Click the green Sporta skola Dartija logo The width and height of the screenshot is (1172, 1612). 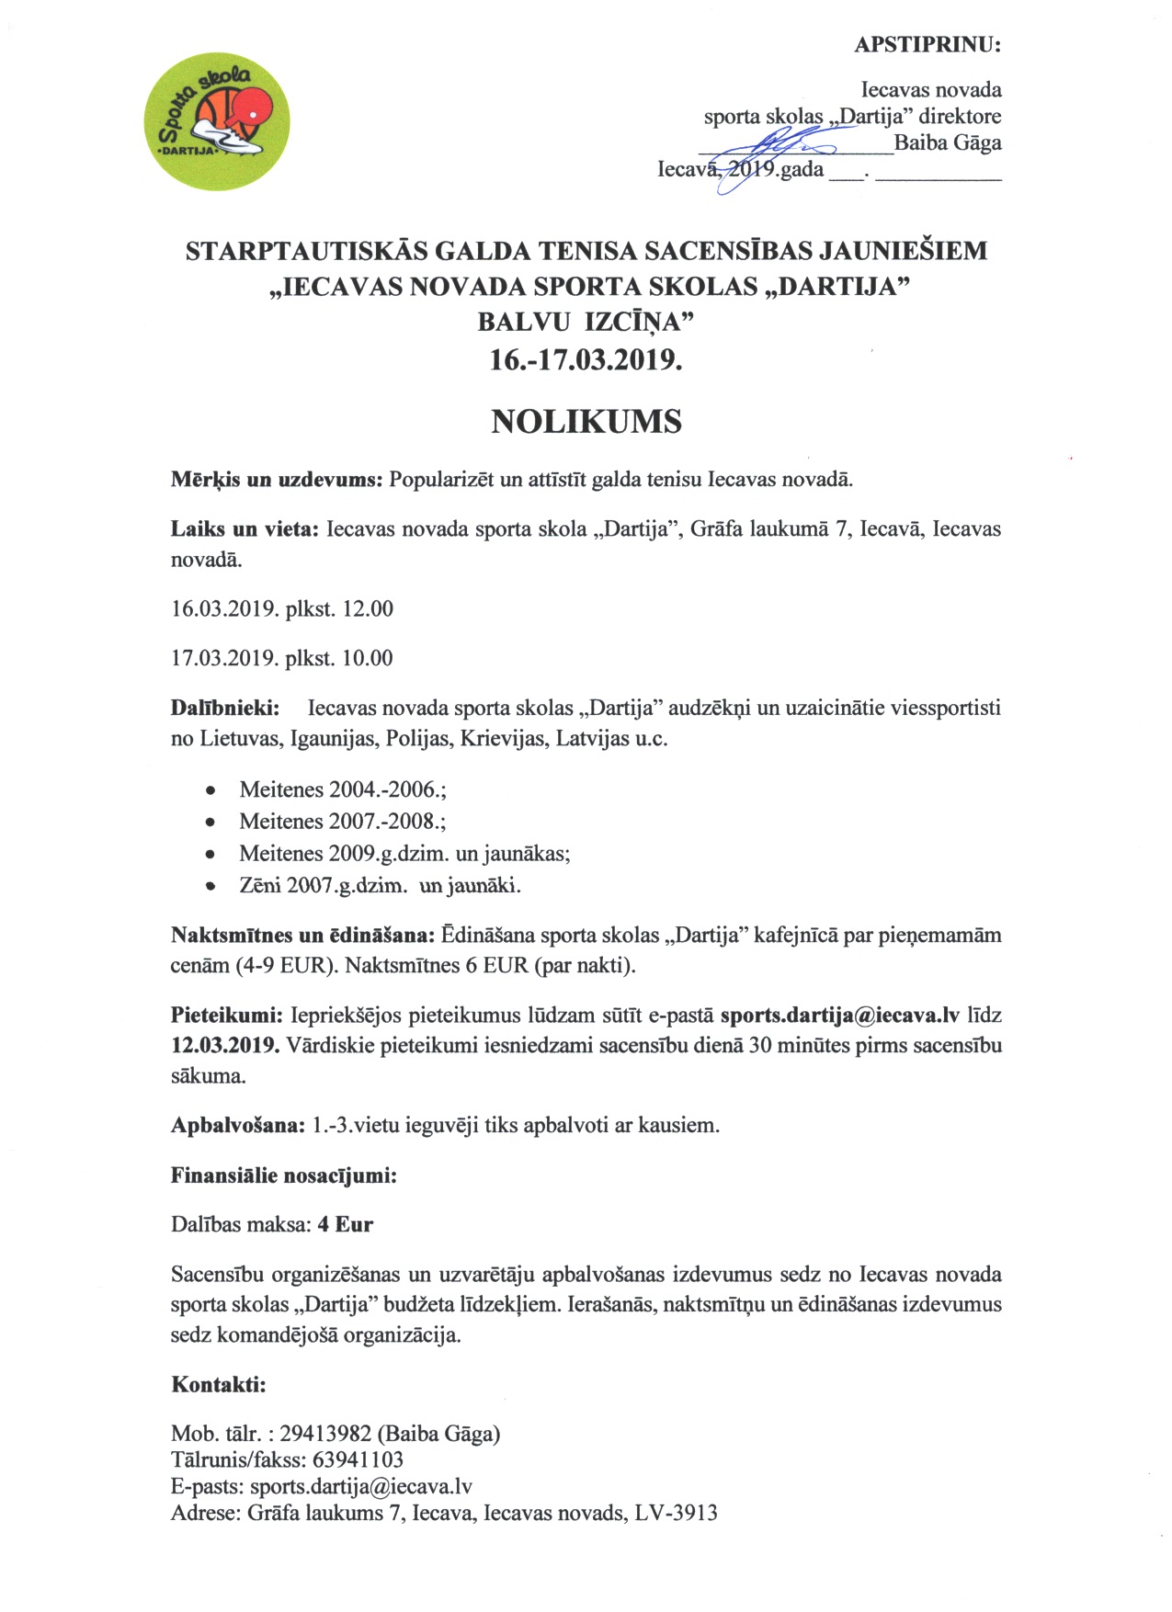[x=217, y=121]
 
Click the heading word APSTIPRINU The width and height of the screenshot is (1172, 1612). [x=927, y=45]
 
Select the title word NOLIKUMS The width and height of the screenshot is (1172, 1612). [x=586, y=422]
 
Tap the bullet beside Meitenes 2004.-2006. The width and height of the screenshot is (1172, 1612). [x=212, y=790]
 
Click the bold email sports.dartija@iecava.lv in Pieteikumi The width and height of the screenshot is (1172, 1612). [x=839, y=1016]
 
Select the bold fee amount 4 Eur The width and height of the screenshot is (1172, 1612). [x=346, y=1225]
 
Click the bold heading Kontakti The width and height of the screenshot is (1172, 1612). [x=219, y=1385]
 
